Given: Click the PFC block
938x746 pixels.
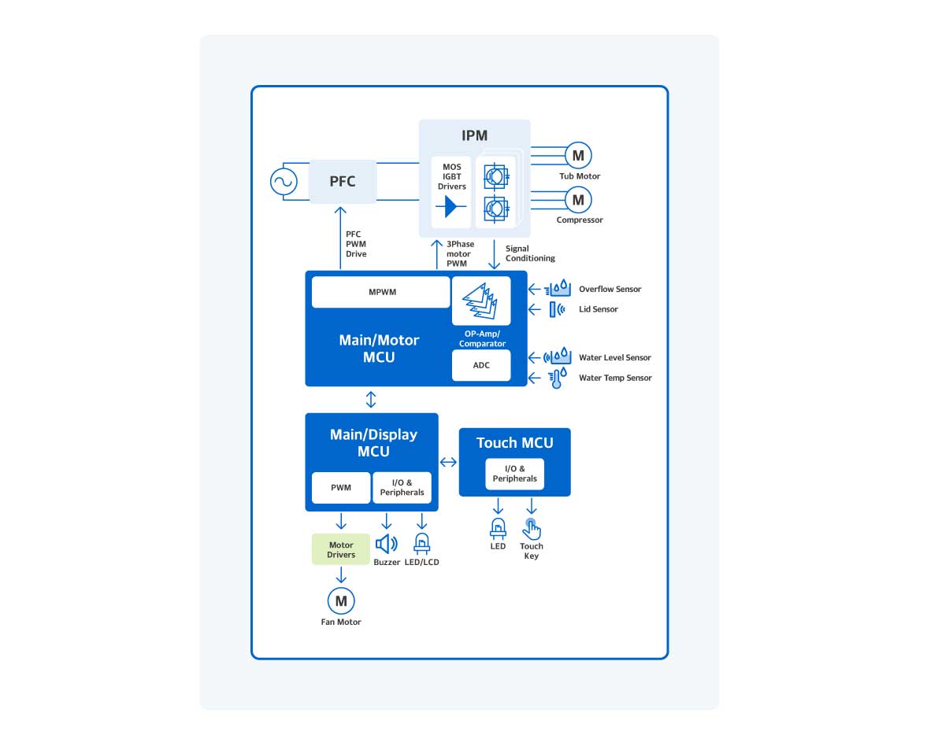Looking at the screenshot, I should (342, 181).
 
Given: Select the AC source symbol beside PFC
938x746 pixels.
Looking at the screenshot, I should (283, 182).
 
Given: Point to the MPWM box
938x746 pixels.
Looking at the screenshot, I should (381, 292).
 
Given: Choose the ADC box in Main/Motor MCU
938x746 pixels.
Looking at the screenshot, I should (481, 365).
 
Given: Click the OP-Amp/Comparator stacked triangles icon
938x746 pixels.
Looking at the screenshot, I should (480, 301).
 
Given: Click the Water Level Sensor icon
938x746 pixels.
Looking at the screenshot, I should (557, 357).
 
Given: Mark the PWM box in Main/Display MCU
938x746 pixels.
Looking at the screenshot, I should (340, 488).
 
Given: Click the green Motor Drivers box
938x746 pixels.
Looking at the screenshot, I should (341, 549).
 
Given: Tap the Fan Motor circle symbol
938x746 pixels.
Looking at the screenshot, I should (341, 601).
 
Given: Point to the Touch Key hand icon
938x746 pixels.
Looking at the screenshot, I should (532, 528).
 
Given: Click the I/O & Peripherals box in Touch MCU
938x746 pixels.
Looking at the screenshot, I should (515, 474).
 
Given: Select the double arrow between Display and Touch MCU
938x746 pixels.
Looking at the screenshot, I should (448, 462).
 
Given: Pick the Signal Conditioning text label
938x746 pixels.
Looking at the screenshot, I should (530, 253).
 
